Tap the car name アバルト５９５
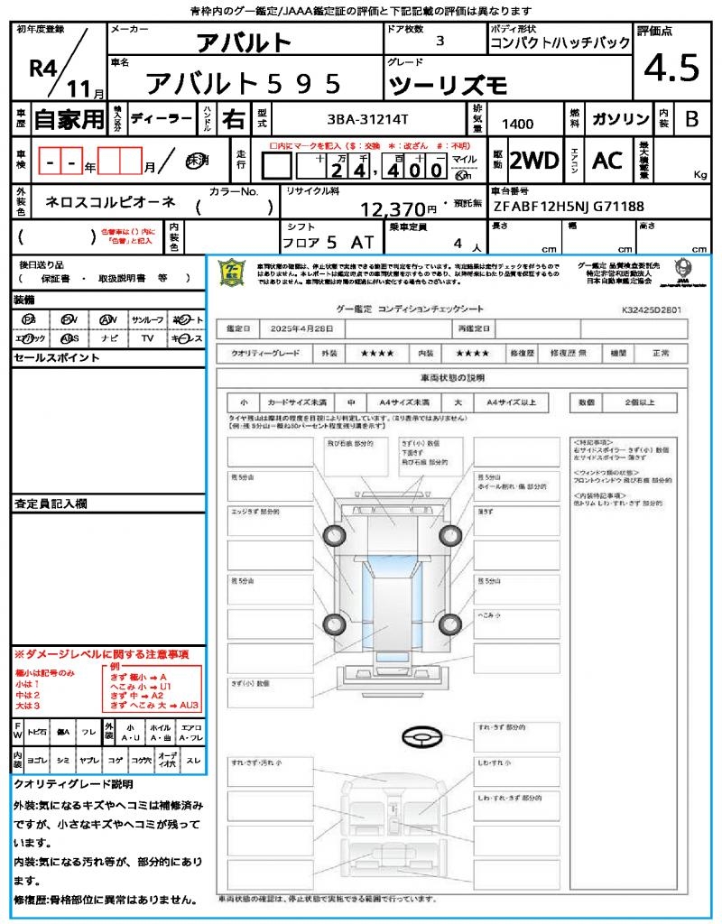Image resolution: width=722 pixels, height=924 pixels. point(244,83)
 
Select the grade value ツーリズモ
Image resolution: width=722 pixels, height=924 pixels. point(449,86)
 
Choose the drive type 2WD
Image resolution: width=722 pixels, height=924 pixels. point(534,161)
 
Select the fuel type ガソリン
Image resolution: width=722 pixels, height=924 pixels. point(620,119)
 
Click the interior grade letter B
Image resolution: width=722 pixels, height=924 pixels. point(691,119)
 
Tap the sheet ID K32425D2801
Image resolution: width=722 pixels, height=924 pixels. point(652,310)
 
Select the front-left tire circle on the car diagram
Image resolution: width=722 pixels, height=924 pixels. point(334,534)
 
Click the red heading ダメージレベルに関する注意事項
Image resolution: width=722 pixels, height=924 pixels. point(107,653)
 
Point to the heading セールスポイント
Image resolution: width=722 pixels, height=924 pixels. point(56,358)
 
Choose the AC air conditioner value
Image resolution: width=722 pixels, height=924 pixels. point(607,161)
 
